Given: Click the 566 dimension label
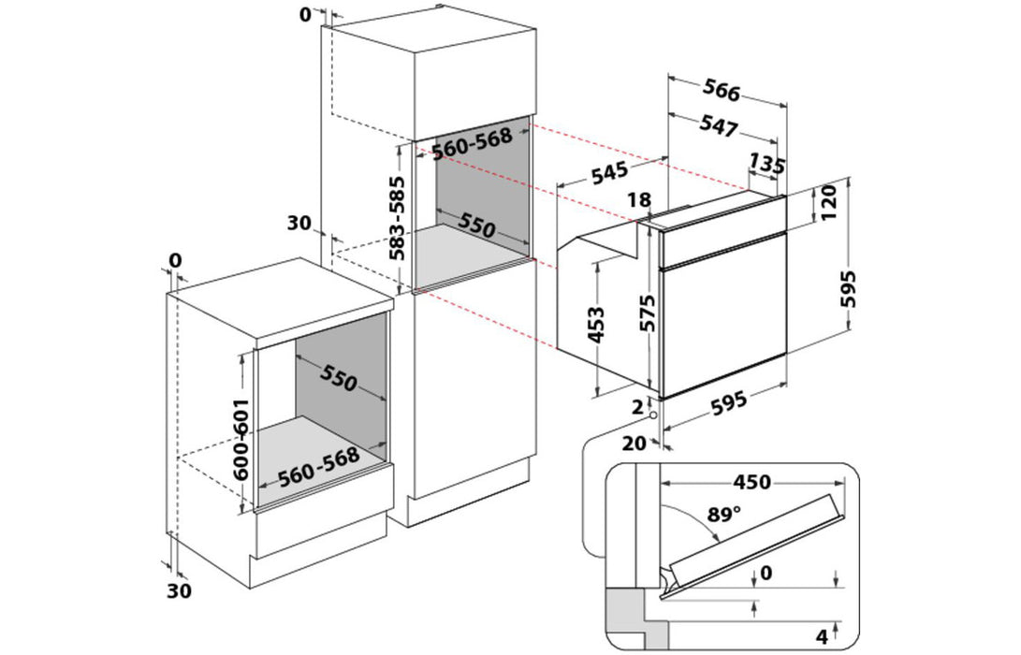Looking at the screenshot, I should (x=722, y=92).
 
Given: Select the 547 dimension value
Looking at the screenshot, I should (x=719, y=126).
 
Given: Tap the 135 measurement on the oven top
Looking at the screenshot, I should (x=766, y=165).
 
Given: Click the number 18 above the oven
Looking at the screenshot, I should (x=640, y=199).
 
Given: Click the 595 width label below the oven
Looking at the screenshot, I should (x=729, y=403).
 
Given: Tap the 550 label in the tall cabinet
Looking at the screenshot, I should (x=476, y=224).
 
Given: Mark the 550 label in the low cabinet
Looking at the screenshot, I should (x=338, y=378).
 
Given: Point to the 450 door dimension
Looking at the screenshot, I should (x=751, y=482).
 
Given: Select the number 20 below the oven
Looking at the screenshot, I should (x=634, y=443).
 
